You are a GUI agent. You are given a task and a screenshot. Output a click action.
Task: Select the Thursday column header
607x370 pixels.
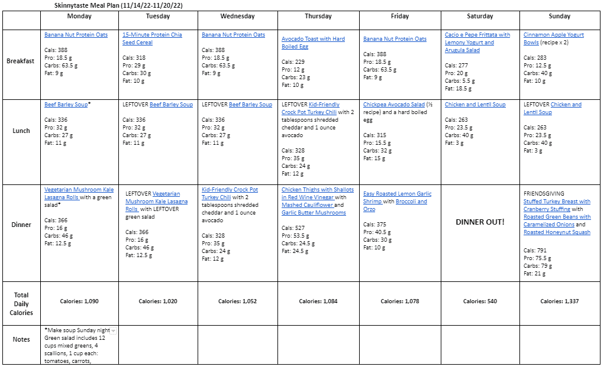point(318,17)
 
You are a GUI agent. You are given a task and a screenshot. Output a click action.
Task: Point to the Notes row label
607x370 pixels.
point(21,339)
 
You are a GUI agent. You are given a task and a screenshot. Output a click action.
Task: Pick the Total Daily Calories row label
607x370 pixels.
point(21,304)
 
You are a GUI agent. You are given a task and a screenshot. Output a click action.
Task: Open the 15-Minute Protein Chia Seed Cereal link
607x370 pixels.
point(152,38)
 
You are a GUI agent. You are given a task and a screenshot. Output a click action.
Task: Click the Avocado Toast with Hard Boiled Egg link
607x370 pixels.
point(313,43)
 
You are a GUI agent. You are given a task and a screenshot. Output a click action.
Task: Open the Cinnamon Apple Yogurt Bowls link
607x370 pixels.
point(553,38)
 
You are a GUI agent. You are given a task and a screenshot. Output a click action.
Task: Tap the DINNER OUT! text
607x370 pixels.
point(480,222)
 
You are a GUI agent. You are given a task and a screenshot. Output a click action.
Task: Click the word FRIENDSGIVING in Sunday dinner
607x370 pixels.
point(544,194)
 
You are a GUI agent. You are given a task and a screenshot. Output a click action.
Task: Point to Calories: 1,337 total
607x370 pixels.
point(559,301)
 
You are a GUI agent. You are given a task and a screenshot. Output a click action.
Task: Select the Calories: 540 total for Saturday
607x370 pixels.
point(480,301)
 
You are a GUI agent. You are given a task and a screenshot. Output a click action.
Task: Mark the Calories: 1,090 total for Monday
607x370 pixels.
point(79,301)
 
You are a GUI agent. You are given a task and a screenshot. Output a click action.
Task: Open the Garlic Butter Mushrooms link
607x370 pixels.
point(314,213)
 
